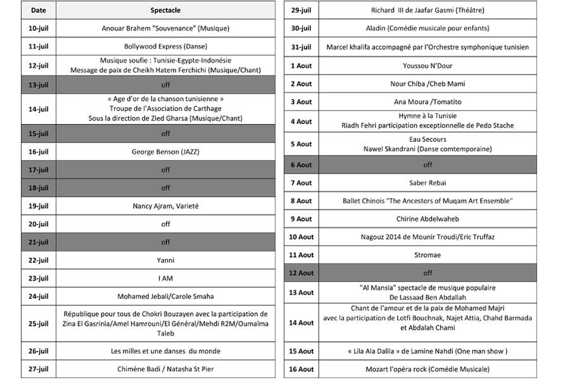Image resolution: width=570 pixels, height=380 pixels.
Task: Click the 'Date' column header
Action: pos(38,11)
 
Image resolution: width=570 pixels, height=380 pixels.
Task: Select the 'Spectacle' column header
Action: pos(165,11)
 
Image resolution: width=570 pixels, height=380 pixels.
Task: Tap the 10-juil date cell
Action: pos(38,28)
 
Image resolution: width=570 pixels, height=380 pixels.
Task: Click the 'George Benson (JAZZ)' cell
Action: pos(165,152)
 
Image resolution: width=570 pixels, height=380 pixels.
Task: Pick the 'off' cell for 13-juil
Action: pos(165,85)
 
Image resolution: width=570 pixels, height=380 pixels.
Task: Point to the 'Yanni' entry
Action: pos(165,260)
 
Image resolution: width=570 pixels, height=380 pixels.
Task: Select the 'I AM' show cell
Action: pos(165,278)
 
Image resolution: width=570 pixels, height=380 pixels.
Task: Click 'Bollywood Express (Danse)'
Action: pos(165,46)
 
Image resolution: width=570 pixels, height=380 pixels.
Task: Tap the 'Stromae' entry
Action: pos(427,255)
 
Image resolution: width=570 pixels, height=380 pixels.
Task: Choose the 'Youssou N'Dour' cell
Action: pos(427,66)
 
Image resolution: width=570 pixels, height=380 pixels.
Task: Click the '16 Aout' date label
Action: pos(301,369)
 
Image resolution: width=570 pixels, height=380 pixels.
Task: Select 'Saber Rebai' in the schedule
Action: pos(427,183)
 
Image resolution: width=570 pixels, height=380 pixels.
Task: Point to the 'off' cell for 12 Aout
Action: pos(427,273)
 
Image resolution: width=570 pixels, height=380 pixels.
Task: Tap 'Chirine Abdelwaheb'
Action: pos(427,219)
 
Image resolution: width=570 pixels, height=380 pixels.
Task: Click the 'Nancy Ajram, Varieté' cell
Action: pos(165,206)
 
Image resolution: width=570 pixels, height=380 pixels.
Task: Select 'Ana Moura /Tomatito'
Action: pos(427,102)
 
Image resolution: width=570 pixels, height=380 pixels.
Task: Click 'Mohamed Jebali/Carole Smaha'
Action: pos(165,296)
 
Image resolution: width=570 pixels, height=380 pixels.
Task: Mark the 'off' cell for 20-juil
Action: pos(165,224)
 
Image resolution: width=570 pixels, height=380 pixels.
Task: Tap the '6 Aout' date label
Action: pos(301,165)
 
